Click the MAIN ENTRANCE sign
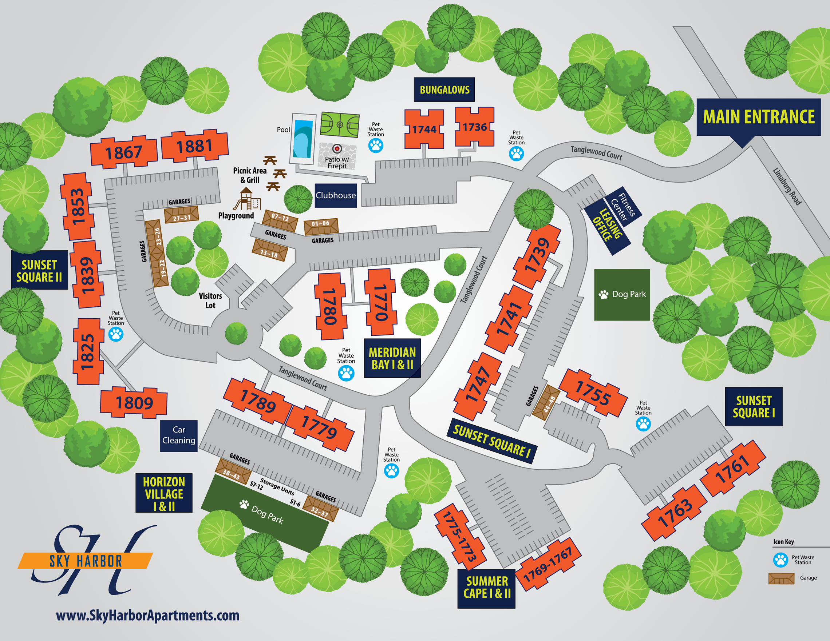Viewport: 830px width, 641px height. (758, 117)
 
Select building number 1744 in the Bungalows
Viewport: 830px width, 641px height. (424, 129)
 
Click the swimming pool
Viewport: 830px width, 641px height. (303, 139)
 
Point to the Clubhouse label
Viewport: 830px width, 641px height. (336, 196)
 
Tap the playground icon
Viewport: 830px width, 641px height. (247, 199)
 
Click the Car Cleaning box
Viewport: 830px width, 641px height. (179, 435)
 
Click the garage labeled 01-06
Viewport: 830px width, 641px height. (321, 226)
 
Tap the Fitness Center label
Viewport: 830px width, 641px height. (623, 207)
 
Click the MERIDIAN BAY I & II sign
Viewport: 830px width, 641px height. (392, 358)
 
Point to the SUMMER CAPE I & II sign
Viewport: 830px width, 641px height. (486, 588)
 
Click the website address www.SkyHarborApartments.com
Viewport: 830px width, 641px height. (147, 615)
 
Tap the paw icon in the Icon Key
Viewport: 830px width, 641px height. (780, 560)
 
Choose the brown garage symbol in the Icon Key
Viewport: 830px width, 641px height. (781, 578)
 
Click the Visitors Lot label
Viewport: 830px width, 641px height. (210, 300)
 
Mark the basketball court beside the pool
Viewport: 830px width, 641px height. (339, 124)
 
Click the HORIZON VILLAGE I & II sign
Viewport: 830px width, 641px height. (164, 493)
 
